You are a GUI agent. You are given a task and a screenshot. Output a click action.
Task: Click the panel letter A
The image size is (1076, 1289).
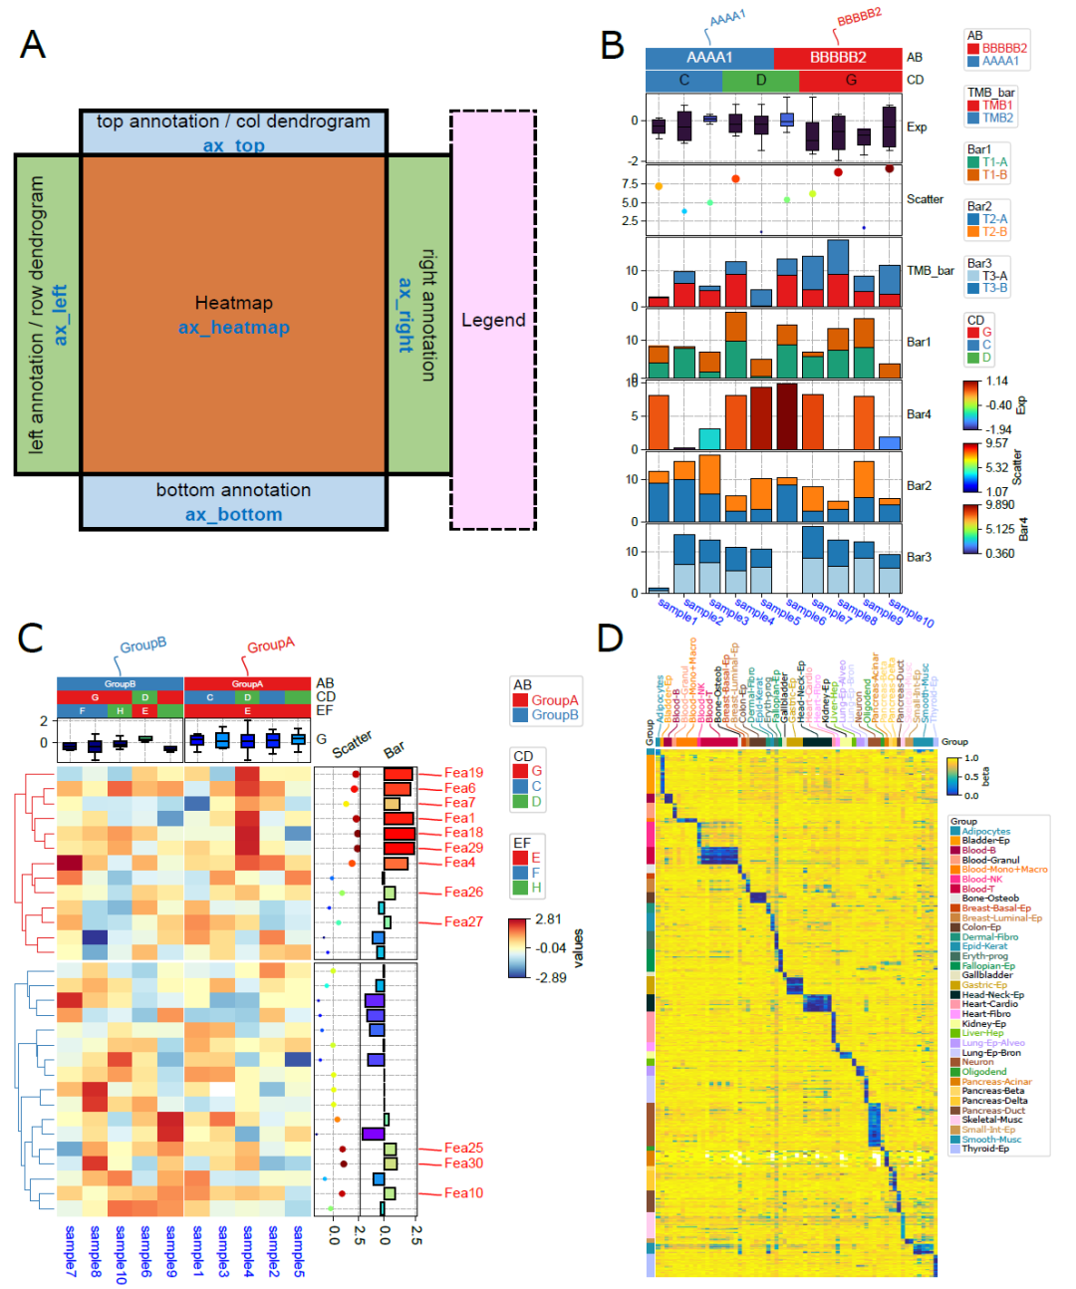click(33, 45)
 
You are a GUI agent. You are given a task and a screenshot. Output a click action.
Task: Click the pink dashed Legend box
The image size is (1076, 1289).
click(493, 320)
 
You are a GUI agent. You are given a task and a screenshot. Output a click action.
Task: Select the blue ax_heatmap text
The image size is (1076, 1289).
click(234, 328)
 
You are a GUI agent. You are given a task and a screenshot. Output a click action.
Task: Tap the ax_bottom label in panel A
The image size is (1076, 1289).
click(233, 515)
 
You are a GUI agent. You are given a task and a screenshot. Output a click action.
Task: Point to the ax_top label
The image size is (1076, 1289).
click(234, 145)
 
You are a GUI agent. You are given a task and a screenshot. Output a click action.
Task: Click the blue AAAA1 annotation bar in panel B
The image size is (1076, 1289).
click(709, 58)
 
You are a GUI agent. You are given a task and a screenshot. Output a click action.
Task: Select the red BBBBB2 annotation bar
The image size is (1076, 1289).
click(837, 58)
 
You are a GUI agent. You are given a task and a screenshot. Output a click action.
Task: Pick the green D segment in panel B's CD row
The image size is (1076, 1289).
click(760, 81)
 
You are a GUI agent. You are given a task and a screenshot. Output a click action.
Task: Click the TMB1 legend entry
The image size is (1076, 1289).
click(996, 105)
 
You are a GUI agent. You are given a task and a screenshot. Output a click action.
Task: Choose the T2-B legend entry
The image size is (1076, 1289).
click(994, 232)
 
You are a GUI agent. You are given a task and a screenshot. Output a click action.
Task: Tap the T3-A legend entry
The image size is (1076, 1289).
click(994, 276)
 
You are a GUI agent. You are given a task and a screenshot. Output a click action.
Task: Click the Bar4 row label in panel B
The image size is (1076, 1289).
click(919, 414)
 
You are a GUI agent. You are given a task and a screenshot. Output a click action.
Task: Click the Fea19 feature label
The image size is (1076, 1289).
click(463, 773)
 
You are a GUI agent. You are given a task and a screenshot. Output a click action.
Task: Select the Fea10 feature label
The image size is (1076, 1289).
click(463, 1193)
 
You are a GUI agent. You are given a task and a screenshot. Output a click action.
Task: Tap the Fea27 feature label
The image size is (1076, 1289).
click(463, 922)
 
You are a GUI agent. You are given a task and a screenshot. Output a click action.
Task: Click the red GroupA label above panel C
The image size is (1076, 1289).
click(271, 645)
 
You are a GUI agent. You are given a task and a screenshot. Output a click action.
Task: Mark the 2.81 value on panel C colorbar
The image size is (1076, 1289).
click(548, 919)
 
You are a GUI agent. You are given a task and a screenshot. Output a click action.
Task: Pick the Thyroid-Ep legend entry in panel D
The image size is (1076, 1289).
click(986, 1149)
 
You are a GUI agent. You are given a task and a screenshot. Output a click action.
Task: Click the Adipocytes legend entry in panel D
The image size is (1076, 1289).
click(985, 831)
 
